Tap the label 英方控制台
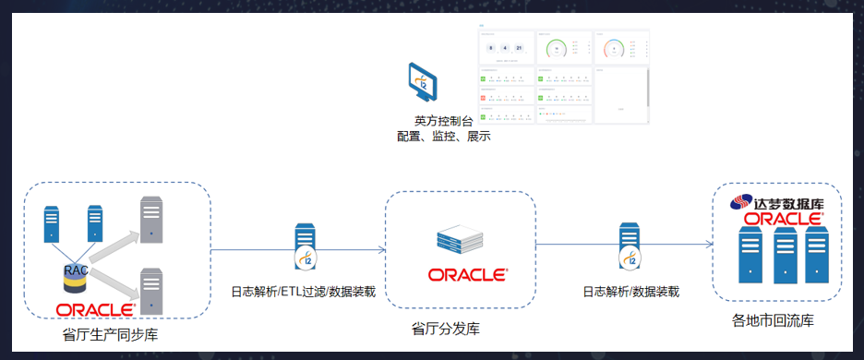(x=442, y=121)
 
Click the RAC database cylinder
(x=75, y=276)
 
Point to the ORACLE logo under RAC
(x=95, y=309)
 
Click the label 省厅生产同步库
(x=111, y=334)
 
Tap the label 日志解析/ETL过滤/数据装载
(x=303, y=292)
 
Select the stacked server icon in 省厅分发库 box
(x=460, y=241)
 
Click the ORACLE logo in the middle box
(x=467, y=275)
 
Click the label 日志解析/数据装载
(x=630, y=292)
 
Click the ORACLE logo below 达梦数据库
(x=783, y=219)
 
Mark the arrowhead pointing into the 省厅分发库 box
(x=379, y=249)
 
